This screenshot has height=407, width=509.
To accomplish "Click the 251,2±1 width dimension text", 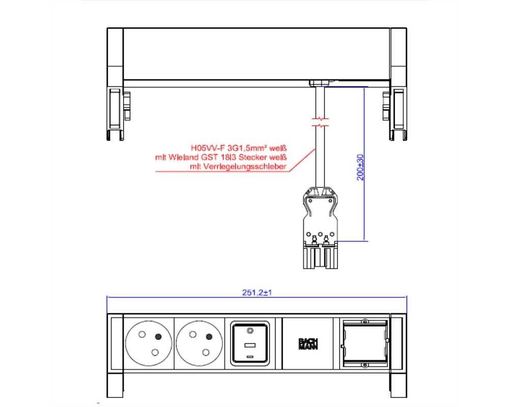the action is click(257, 293).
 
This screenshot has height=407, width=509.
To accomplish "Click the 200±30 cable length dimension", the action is click(360, 167).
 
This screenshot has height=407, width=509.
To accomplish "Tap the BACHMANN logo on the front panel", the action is click(308, 344).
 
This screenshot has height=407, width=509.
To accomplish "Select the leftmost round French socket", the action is click(149, 344).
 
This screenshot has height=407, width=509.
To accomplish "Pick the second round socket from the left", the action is click(200, 344).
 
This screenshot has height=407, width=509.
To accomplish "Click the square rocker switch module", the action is click(250, 343).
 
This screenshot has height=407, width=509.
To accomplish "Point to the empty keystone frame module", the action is click(365, 343).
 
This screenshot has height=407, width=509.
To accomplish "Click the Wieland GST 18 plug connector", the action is click(320, 228).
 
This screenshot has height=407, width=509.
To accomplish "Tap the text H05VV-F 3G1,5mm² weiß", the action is click(239, 149).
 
